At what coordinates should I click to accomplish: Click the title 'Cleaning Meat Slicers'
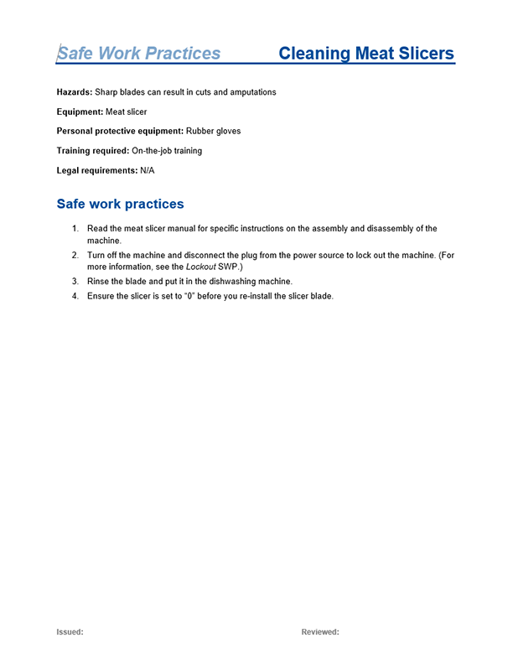point(365,54)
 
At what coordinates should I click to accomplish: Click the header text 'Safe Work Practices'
point(138,54)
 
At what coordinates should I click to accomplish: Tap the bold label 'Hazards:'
point(75,92)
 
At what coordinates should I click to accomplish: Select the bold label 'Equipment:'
point(80,112)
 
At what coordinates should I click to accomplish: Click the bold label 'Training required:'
point(93,151)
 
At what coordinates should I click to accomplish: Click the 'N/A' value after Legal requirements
point(148,170)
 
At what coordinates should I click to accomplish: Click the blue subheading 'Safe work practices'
point(120,204)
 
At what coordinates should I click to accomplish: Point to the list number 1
point(75,229)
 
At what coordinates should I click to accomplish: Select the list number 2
point(75,255)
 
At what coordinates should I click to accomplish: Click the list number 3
point(75,281)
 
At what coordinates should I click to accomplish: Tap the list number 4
point(75,296)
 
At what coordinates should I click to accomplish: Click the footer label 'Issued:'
point(70,632)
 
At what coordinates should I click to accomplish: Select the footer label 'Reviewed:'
point(320,632)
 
